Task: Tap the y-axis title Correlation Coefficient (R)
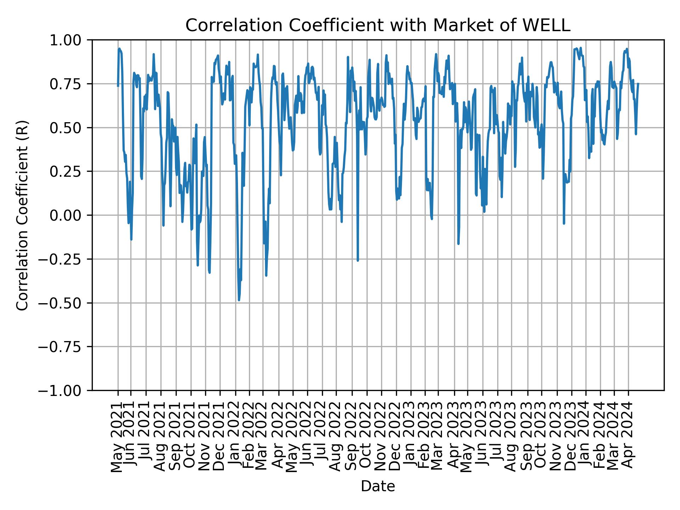(x=22, y=215)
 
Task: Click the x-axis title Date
(x=378, y=487)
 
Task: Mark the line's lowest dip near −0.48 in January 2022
(x=239, y=300)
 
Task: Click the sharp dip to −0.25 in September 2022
(x=358, y=261)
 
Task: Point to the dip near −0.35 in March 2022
(x=266, y=275)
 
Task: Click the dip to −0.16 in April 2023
(x=458, y=244)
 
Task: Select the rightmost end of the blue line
(x=638, y=84)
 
